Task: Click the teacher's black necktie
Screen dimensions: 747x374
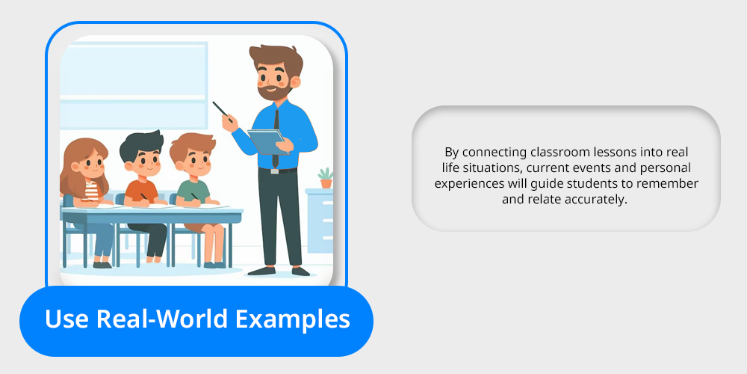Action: point(276,138)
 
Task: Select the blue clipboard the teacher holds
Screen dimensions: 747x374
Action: point(268,141)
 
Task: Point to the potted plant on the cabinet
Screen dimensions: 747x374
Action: point(326,178)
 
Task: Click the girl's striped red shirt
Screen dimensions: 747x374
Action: point(91,190)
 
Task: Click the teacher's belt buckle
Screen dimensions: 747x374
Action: point(275,171)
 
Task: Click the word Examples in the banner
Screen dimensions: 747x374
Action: point(293,319)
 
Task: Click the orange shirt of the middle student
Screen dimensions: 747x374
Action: point(140,191)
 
